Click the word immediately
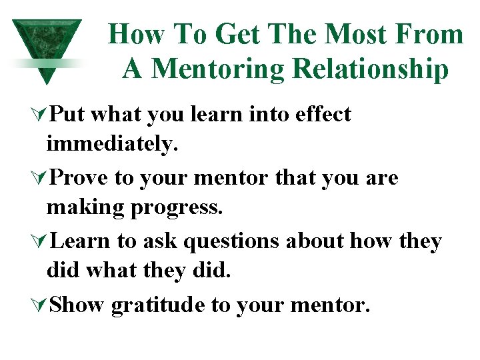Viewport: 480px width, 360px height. tap(112, 143)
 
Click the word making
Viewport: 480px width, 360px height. tap(87, 207)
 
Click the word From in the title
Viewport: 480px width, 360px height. tap(428, 33)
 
